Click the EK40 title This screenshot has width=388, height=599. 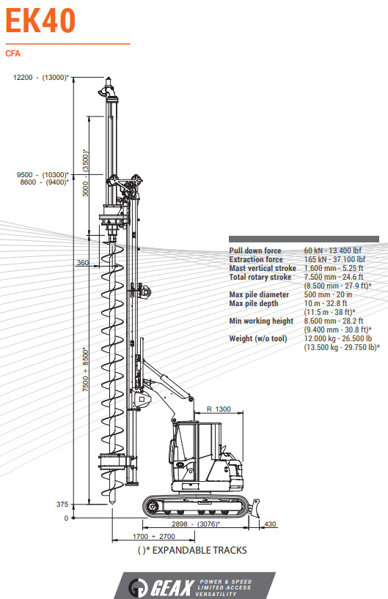pos(40,21)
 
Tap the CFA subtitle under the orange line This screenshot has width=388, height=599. pos(13,53)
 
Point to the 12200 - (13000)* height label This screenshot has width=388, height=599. pos(41,78)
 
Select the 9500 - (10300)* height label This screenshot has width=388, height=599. pos(43,175)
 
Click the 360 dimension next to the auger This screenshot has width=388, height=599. pos(83,262)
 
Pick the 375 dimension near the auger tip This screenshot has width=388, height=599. pos(62,505)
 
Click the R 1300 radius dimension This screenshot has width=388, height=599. pos(219,409)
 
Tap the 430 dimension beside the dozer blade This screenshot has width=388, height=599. pos(270,524)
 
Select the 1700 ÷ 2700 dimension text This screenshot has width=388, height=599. pos(153,536)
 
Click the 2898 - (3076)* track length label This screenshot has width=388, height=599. pos(196,524)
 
